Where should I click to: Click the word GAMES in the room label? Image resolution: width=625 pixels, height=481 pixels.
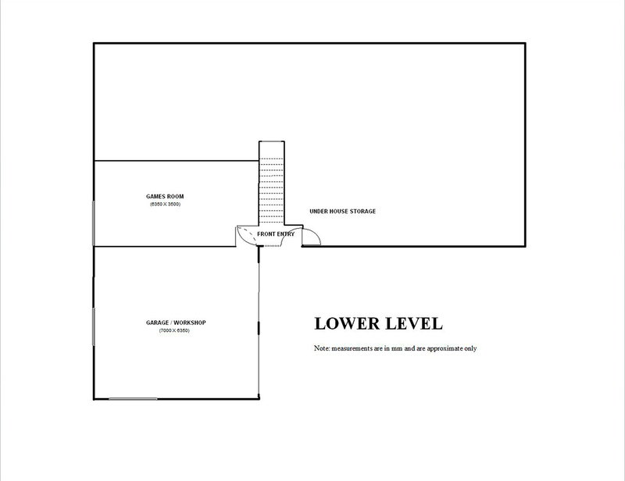click(x=155, y=197)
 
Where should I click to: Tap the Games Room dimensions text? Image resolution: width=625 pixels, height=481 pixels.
click(x=165, y=205)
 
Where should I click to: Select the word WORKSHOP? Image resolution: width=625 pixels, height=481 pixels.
click(x=189, y=322)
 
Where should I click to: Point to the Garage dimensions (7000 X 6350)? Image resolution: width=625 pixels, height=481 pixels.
click(x=174, y=331)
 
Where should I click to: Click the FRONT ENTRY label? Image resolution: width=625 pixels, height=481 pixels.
click(x=276, y=234)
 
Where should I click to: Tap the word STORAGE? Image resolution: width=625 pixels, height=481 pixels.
click(x=362, y=211)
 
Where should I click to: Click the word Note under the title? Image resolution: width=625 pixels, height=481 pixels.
click(x=322, y=348)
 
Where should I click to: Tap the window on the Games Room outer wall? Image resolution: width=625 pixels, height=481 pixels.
click(x=94, y=223)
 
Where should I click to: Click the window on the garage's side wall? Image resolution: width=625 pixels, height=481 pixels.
click(x=94, y=326)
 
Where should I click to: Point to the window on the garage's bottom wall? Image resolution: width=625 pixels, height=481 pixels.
click(x=133, y=398)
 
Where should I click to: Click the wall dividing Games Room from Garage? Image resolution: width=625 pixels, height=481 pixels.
click(x=165, y=246)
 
